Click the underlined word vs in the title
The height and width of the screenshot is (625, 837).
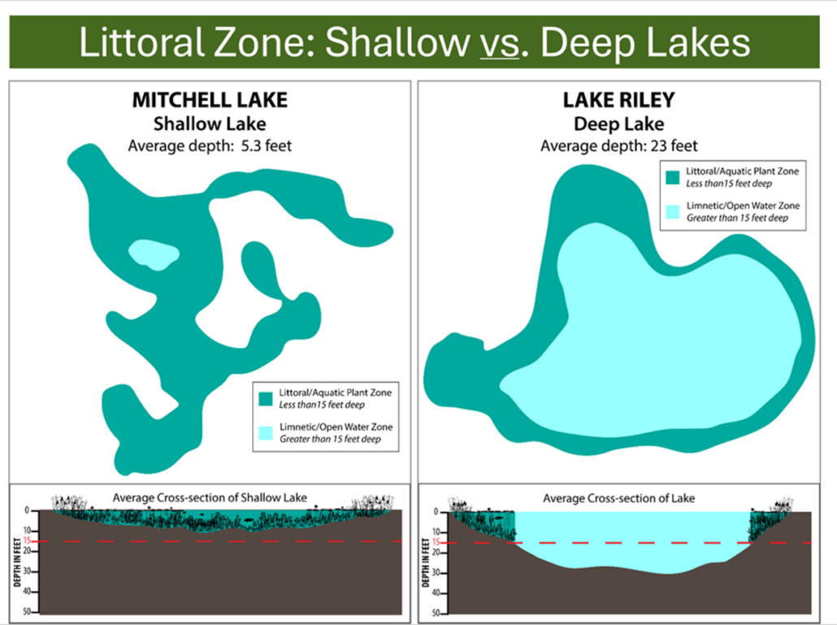499,44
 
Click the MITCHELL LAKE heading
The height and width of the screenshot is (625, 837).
210,100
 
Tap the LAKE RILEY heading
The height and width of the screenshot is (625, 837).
618,100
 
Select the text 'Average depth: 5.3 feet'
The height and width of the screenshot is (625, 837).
210,145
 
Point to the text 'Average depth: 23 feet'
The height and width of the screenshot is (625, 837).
618,145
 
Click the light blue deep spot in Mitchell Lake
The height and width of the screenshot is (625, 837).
154,254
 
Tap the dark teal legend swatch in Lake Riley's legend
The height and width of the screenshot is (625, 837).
673,177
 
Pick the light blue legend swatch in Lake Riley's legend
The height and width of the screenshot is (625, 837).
673,212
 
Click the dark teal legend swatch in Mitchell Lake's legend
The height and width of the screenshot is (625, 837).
265,399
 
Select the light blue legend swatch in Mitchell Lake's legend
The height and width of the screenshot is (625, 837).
265,433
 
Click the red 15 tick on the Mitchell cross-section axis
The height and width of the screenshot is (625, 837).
27,541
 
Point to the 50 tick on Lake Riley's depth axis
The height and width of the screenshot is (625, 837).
436,614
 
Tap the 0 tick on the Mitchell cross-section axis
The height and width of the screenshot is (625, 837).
28,510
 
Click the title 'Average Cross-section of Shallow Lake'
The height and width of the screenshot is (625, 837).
210,498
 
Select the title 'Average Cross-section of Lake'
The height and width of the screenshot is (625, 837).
618,498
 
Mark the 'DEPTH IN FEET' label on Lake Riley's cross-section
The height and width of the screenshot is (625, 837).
426,562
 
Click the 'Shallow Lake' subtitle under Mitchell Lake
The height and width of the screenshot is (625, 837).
210,124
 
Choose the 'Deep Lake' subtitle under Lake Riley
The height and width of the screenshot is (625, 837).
618,124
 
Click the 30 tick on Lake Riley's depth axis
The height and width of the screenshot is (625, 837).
436,573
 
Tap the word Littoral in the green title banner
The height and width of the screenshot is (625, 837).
142,42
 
